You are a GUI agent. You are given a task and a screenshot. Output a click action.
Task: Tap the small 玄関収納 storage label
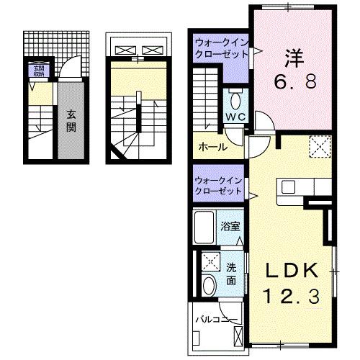pos(37,71)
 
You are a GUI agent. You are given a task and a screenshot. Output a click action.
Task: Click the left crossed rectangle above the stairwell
pos(125,51)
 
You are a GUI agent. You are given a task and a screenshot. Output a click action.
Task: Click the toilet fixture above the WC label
pos(235,99)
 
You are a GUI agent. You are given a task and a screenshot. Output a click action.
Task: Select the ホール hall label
pos(213,148)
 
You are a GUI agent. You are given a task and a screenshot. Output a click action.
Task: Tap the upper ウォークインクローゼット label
pos(220,49)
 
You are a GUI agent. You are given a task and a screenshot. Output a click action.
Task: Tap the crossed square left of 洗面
pos(211,261)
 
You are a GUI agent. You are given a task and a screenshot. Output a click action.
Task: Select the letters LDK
pos(294,271)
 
